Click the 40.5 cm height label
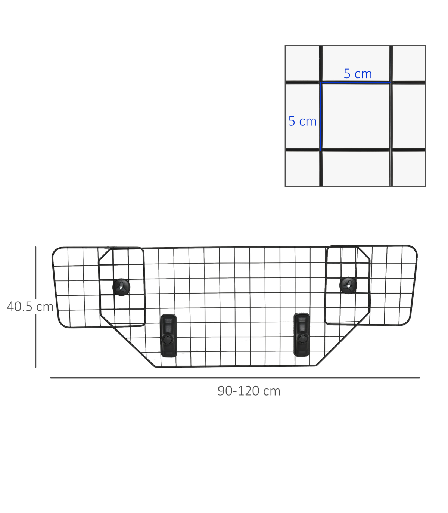[30, 307]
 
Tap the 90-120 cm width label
[249, 391]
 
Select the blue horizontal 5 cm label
[358, 73]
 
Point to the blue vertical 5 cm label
[302, 121]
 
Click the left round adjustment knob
[121, 287]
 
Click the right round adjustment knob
[348, 285]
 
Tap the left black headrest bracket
[168, 336]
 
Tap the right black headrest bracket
[302, 335]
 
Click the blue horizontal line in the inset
[355, 82]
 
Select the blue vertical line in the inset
[321, 116]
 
